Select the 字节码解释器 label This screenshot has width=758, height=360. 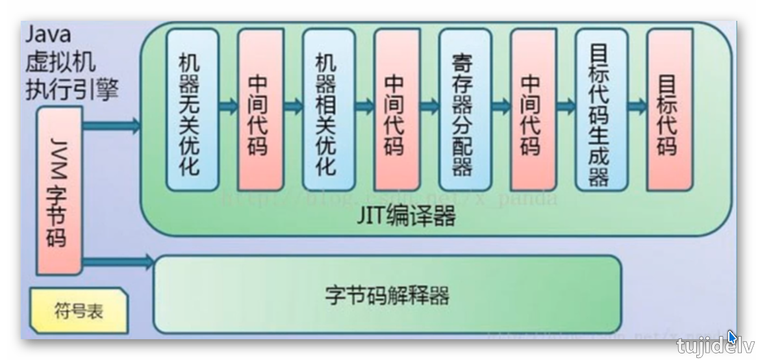coord(387,296)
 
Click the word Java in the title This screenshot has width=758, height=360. coord(47,34)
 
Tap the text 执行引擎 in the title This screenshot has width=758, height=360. coord(71,89)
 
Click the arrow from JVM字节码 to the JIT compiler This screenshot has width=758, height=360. coord(112,125)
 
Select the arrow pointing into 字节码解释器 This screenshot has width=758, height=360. coord(118,263)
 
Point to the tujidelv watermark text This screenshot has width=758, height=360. coord(714,346)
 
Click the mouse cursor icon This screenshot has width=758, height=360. coord(732,337)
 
